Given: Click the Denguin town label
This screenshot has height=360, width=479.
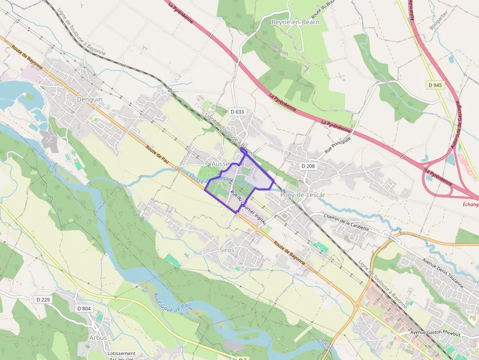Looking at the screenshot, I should [90, 99].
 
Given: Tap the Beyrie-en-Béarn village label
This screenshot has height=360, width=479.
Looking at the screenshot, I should [295, 22].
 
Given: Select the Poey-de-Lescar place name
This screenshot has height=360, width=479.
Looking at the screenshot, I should [303, 194].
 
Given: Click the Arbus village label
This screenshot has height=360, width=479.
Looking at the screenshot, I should [98, 338].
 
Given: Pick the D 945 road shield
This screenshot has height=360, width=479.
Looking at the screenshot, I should [435, 85].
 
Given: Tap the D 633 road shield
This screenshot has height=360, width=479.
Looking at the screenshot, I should [237, 112].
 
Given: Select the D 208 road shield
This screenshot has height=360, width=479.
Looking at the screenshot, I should [308, 166].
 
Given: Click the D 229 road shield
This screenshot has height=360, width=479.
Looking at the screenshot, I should [43, 299].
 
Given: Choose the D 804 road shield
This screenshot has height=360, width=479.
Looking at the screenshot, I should [84, 308].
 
